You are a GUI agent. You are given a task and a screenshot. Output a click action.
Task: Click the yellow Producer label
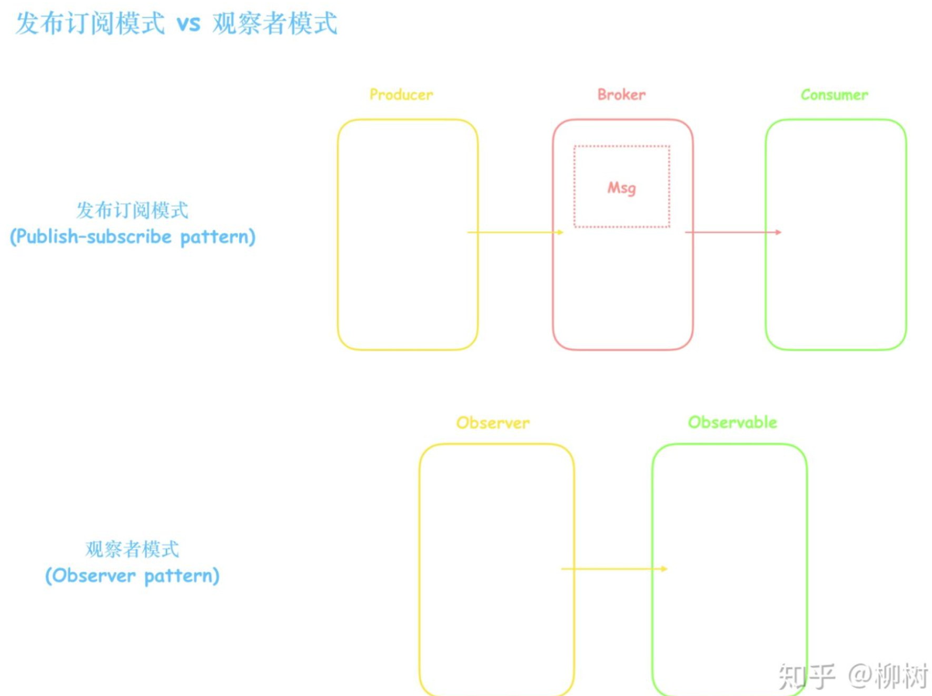pos(401,95)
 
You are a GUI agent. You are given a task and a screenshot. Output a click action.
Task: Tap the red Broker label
pos(621,95)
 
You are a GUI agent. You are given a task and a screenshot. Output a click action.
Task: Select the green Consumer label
pos(834,95)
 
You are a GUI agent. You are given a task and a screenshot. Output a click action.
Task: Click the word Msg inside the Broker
pos(621,188)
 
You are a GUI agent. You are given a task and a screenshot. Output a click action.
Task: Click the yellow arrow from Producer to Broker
pos(515,232)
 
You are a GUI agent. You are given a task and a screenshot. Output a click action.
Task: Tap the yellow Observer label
pos(493,423)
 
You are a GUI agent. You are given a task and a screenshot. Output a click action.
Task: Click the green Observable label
pos(732,422)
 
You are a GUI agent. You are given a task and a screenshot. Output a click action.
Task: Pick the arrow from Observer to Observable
pos(613,569)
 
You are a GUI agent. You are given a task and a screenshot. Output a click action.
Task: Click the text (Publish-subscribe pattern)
pos(133,237)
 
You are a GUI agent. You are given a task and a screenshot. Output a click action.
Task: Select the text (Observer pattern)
pos(132,576)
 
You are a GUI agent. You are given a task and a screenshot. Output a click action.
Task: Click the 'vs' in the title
pos(188,24)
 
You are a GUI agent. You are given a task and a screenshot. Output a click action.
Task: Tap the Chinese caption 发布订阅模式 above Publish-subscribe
pos(132,211)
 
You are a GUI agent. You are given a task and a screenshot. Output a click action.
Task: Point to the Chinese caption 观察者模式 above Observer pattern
pos(132,550)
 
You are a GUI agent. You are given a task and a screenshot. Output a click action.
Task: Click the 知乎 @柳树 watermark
pos(853,676)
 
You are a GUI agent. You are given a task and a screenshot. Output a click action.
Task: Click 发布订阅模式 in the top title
pos(90,24)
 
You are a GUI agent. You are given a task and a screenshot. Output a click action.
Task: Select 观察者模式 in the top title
pos(275,24)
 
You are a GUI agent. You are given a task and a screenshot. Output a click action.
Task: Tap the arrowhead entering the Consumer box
pos(778,232)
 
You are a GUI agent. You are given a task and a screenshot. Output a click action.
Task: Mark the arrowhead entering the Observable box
pos(664,569)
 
